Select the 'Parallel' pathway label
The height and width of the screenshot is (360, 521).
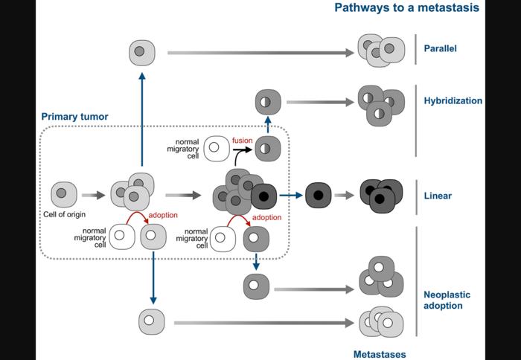click(x=440, y=49)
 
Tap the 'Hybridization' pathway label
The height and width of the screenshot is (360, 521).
click(x=453, y=100)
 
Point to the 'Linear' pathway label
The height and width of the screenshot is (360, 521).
click(x=437, y=196)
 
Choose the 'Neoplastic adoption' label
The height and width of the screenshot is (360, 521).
click(x=447, y=300)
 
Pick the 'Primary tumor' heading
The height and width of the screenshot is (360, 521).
click(x=74, y=117)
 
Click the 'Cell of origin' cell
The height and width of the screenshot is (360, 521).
click(x=64, y=196)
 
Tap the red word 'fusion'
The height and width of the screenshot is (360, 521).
click(x=243, y=139)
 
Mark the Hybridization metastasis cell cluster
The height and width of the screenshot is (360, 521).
click(x=380, y=105)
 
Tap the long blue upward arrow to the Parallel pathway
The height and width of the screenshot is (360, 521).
click(x=141, y=119)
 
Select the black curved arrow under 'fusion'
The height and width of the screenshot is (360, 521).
click(x=240, y=153)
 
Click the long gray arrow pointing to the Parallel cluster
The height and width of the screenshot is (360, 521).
click(x=260, y=53)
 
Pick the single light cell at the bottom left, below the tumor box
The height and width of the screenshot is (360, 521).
click(x=150, y=322)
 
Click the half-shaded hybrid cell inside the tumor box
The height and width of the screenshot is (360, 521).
click(x=267, y=150)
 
